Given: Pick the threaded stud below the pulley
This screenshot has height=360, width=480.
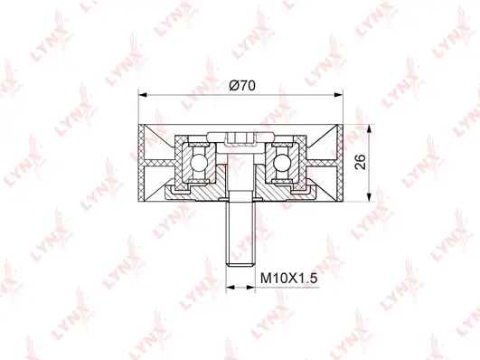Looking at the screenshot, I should (x=240, y=231).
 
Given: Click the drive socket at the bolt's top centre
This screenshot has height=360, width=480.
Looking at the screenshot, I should (x=240, y=138).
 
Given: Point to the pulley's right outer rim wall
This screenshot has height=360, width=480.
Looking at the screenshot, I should (x=342, y=163).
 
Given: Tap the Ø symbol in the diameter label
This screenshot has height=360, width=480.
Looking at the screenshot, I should (x=233, y=84).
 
